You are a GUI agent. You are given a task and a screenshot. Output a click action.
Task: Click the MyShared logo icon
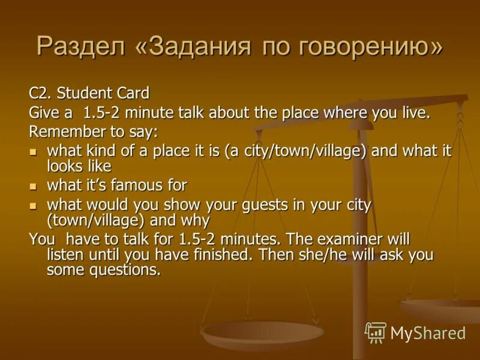click(375, 332)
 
